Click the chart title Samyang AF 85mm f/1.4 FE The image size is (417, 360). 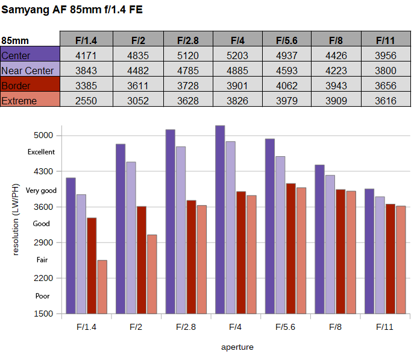[72, 10]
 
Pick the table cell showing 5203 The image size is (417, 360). [237, 55]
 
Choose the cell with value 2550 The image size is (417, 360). [86, 101]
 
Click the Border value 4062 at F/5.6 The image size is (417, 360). [287, 86]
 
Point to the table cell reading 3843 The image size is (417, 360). [86, 71]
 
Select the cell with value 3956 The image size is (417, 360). [386, 55]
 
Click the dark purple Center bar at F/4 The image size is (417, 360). [220, 219]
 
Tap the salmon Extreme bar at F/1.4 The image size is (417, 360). [102, 287]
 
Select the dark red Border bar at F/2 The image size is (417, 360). [142, 260]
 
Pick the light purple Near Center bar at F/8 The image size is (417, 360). [330, 244]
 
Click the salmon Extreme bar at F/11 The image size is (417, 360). [401, 260]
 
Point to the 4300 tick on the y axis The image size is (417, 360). [43, 171]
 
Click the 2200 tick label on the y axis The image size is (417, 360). [43, 279]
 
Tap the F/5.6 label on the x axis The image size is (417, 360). [286, 327]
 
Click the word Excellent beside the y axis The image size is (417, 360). [41, 152]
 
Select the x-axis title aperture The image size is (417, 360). [237, 347]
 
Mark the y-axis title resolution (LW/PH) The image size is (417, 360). [16, 219]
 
